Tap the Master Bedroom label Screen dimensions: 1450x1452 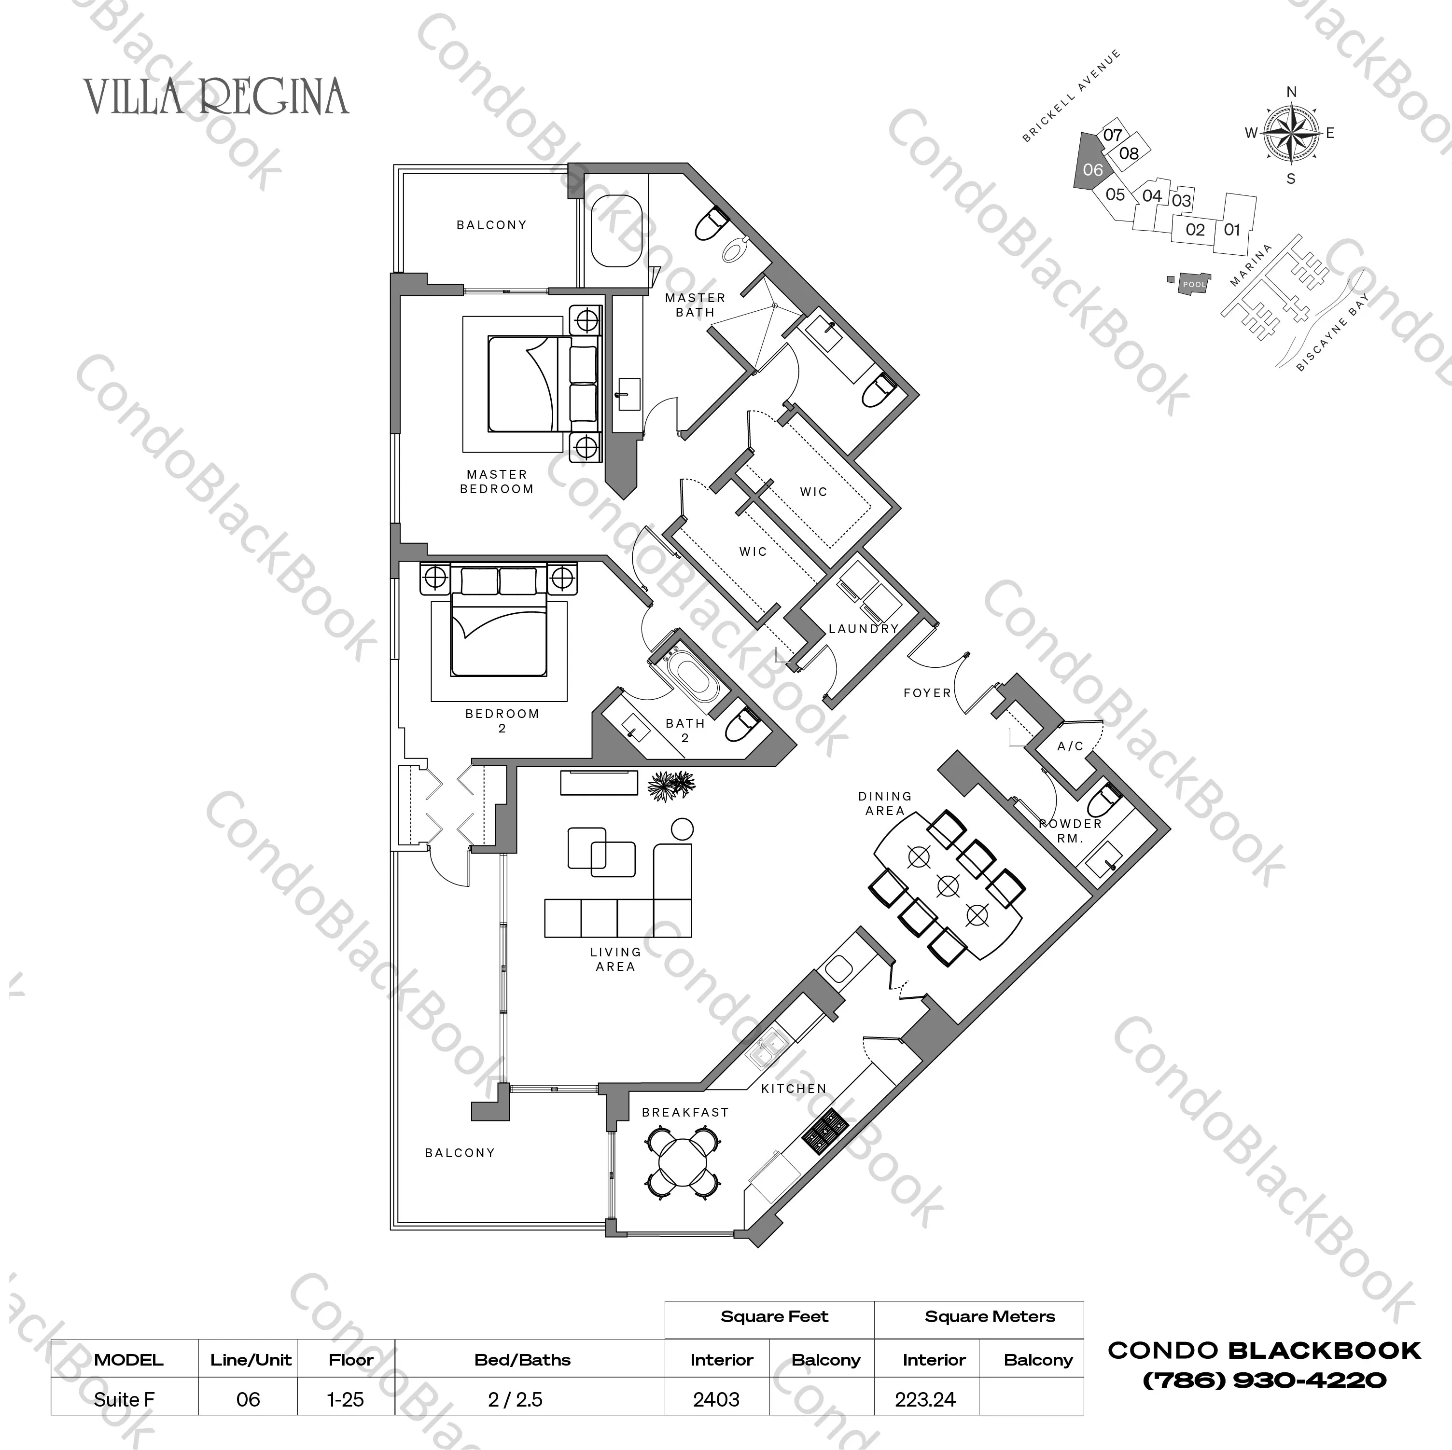pos(497,482)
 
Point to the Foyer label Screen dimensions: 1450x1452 pos(927,693)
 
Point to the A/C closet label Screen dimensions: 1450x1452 pos(1070,746)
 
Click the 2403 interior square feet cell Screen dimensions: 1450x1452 pos(716,1400)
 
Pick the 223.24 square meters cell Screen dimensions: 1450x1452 pos(925,1400)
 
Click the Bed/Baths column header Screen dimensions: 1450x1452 pos(522,1360)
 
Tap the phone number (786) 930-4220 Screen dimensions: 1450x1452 pos(1264,1380)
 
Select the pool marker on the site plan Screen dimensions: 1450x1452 pos(1193,285)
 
